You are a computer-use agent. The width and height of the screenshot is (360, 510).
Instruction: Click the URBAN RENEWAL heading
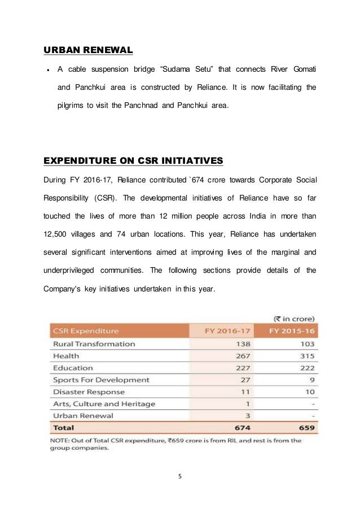click(88, 51)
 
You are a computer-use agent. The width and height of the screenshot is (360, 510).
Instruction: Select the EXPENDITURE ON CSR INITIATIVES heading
click(133, 162)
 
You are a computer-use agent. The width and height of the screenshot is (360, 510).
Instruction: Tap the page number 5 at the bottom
click(180, 476)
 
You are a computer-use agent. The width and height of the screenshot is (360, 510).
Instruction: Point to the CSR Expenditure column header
click(86, 331)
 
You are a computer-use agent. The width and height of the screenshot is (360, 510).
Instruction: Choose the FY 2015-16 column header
click(291, 331)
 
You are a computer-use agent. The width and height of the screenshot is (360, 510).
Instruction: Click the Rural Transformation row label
click(94, 344)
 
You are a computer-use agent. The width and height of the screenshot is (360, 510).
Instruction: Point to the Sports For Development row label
click(101, 380)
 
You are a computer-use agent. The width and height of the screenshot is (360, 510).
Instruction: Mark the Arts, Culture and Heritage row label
click(103, 404)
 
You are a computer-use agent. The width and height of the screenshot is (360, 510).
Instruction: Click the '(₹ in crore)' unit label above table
click(293, 317)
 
